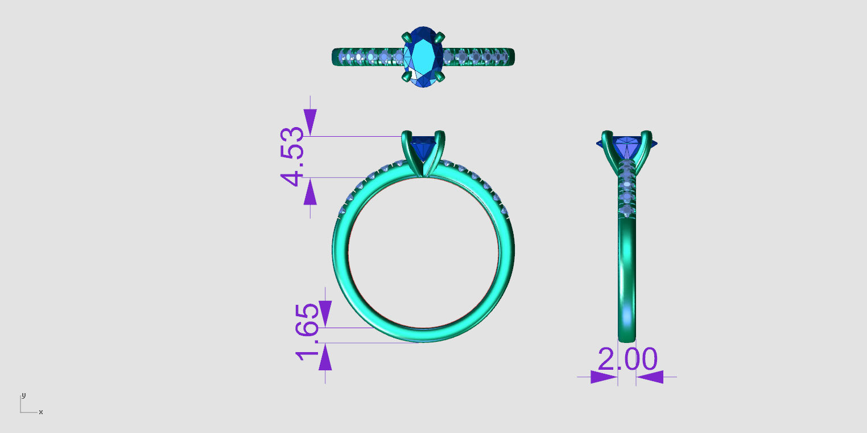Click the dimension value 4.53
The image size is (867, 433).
(294, 156)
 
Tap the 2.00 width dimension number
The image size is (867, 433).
(627, 360)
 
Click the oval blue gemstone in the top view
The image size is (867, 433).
(423, 56)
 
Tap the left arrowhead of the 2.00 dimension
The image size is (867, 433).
(603, 377)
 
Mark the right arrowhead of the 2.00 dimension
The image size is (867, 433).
(650, 377)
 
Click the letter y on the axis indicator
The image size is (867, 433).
(23, 395)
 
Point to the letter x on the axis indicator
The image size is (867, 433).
(41, 412)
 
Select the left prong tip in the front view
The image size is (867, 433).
(406, 135)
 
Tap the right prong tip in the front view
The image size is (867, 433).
(439, 135)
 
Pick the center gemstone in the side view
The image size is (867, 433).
(627, 145)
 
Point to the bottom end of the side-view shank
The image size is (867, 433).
(627, 338)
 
